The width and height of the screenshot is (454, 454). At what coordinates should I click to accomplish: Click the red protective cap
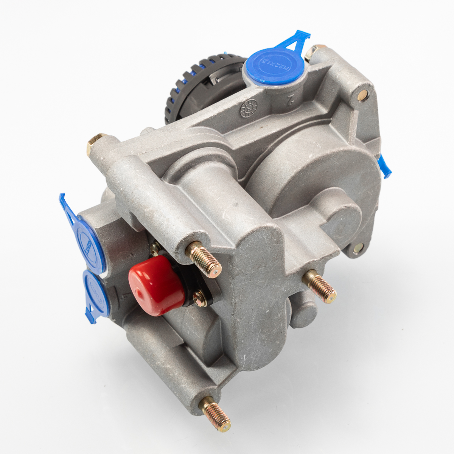point(155,285)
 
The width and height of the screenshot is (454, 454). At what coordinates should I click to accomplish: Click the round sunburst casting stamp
point(249,108)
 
